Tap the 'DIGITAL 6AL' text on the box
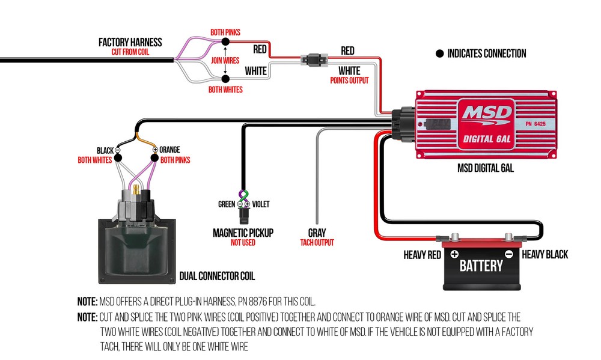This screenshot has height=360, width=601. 486,141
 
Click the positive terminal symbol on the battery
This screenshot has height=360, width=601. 454,254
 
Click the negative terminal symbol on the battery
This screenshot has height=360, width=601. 508,254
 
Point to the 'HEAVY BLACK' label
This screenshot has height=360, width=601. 545,255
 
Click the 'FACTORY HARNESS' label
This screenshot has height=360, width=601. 130,42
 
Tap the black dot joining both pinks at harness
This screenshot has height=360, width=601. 225,41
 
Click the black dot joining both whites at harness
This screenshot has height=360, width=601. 225,79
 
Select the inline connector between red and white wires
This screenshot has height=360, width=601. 314,60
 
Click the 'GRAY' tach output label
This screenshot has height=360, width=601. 317,233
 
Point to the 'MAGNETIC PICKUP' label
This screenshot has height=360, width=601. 243,233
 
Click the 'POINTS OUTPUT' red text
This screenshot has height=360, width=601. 349,80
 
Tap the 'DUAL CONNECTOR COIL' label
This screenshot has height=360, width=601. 217,276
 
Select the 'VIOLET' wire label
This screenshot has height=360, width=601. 261,204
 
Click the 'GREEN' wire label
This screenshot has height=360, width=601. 227,204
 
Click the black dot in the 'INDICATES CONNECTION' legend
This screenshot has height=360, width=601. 439,53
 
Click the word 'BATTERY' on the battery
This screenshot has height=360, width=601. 481,266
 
